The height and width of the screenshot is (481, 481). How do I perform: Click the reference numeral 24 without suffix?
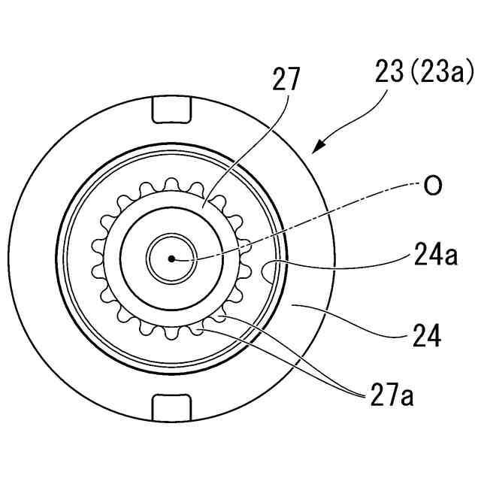425,335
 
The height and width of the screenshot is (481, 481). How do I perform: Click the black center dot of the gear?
172,259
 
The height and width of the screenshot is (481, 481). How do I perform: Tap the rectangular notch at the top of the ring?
172,110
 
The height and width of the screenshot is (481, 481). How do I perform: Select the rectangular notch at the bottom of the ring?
172,407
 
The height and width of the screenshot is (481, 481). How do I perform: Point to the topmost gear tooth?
172,183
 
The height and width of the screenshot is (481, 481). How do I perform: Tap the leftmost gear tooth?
97,258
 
